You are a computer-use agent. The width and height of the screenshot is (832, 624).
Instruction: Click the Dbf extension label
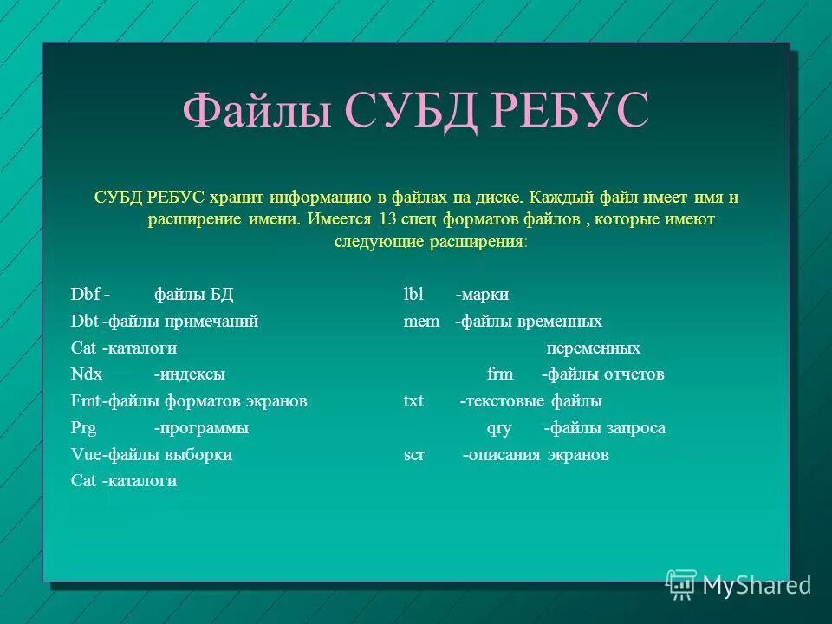85,295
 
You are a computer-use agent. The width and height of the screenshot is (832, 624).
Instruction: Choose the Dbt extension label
84,322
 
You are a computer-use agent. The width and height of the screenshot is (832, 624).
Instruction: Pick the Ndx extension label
87,374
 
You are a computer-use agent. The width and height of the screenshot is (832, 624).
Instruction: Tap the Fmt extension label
85,401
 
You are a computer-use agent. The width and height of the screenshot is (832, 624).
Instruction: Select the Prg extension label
83,428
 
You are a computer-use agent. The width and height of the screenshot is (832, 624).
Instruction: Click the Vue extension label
85,454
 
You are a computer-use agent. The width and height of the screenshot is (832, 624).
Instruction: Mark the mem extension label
421,322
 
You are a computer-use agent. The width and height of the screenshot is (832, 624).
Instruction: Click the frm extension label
500,374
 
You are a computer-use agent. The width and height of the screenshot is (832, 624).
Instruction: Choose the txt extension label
413,401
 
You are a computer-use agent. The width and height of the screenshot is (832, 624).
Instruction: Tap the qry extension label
500,428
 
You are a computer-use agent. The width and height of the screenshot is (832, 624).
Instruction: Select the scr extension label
413,454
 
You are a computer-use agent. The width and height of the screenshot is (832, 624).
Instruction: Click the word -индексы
190,374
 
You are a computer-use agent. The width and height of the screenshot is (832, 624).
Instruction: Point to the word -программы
201,428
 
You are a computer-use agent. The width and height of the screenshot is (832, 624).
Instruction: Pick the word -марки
482,295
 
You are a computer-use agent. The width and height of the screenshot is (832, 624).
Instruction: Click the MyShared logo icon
681,584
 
